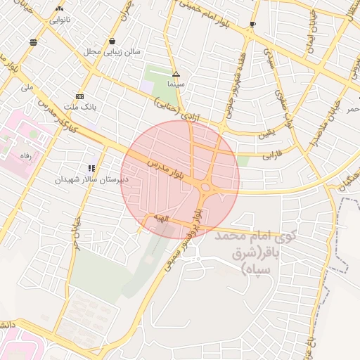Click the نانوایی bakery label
pyautogui.click(x=58, y=20)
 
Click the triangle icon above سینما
pyautogui.click(x=176, y=74)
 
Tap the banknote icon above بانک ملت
pyautogui.click(x=79, y=96)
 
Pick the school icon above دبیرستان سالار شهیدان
pyautogui.click(x=91, y=169)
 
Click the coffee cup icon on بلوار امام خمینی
pyautogui.click(x=252, y=25)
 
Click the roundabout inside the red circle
pyautogui.click(x=207, y=187)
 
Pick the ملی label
pyautogui.click(x=27, y=88)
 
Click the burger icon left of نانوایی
pyautogui.click(x=33, y=42)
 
